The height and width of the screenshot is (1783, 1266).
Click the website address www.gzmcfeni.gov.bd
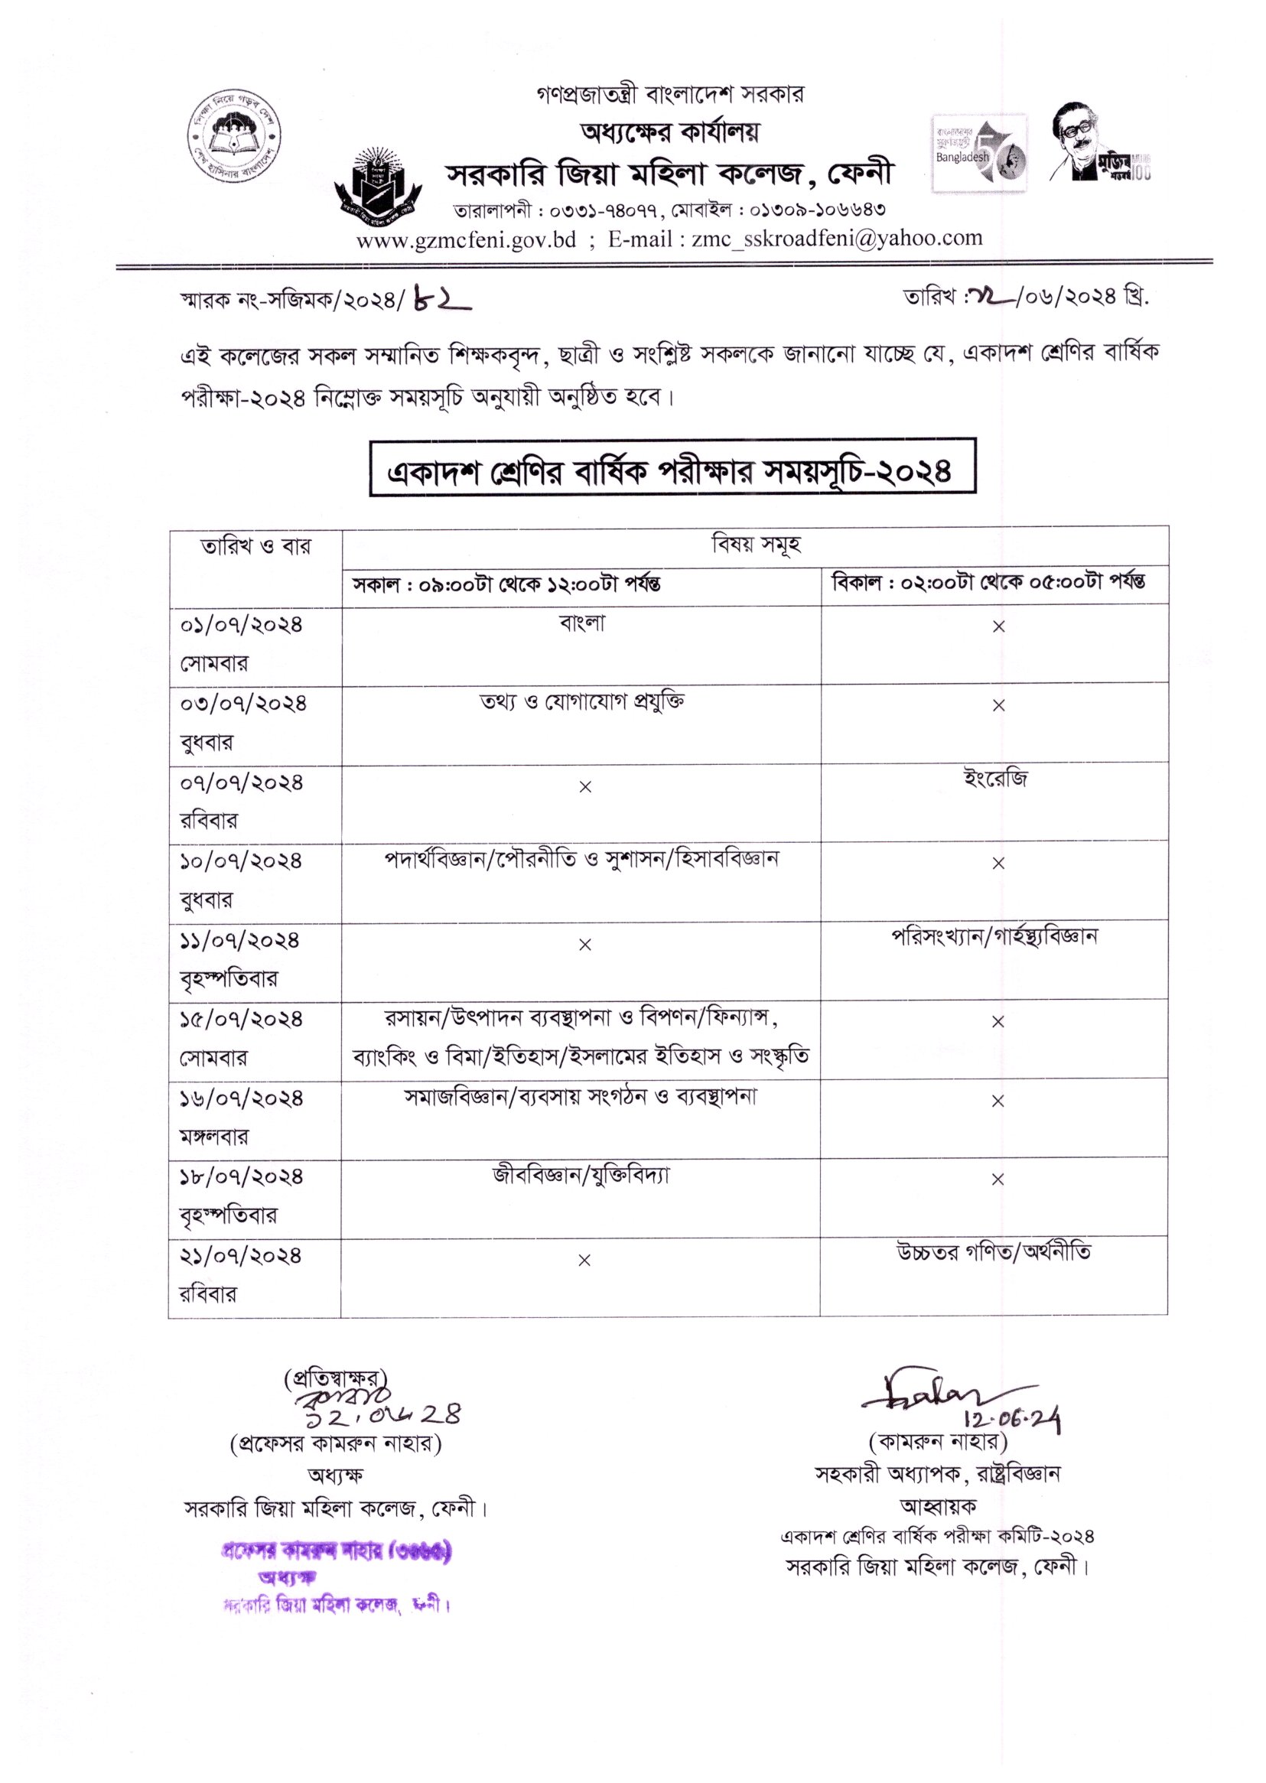pyautogui.click(x=465, y=240)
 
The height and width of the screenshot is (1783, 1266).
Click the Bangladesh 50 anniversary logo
pyautogui.click(x=979, y=153)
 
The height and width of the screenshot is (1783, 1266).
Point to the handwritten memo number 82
pyautogui.click(x=444, y=300)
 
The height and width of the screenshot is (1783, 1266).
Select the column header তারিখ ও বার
pyautogui.click(x=255, y=546)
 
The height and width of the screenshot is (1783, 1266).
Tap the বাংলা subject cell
pyautogui.click(x=581, y=624)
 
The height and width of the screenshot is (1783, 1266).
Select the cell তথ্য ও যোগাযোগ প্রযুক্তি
pyautogui.click(x=581, y=702)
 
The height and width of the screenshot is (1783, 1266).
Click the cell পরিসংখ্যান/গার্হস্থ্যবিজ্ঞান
pyautogui.click(x=994, y=936)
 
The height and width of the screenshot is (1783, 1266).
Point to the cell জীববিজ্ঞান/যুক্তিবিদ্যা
pyautogui.click(x=581, y=1175)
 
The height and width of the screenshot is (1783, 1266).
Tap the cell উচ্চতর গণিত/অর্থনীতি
pyautogui.click(x=993, y=1252)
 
